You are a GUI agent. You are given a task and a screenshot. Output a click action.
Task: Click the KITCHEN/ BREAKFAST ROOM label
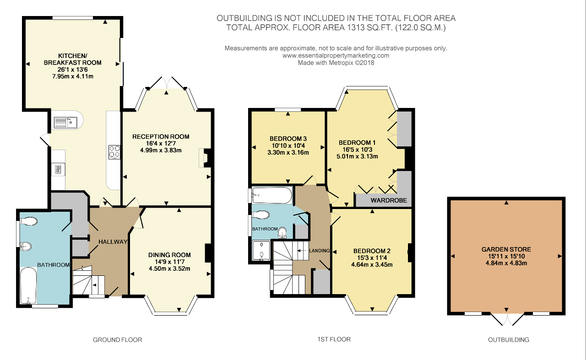point(72,59)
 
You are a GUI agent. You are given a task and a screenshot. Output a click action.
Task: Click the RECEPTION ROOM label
point(161,136)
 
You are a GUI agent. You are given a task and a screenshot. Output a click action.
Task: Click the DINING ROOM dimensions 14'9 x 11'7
point(169,262)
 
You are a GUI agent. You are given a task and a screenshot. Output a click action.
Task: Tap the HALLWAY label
point(112,242)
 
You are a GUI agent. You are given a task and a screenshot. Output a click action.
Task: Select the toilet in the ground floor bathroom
point(28,222)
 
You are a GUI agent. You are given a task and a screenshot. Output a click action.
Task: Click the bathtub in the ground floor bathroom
point(28,286)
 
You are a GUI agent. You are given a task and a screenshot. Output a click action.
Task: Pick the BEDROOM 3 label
point(288,139)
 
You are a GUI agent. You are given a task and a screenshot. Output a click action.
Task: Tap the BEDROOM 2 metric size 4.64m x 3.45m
point(372,264)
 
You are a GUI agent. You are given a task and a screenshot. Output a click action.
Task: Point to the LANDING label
point(319,251)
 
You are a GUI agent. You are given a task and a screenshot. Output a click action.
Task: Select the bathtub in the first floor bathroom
point(272,195)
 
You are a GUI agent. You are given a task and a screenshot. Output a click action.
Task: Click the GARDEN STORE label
point(506,249)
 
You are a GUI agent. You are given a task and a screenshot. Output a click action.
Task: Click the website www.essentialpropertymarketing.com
point(336,55)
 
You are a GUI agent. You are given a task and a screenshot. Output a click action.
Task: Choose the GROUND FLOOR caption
point(117,340)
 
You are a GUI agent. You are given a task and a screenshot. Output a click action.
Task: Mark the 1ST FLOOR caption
point(334,339)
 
